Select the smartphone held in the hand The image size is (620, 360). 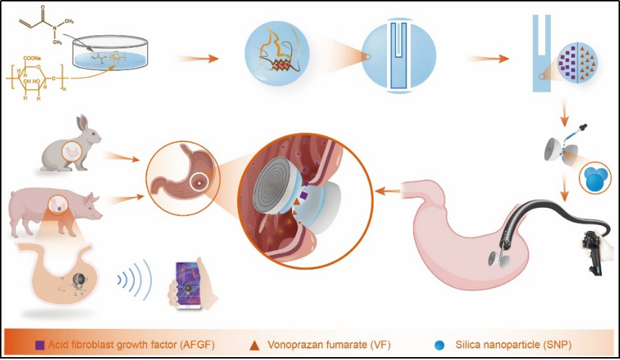click(189, 285)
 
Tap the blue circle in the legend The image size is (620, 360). click(440, 343)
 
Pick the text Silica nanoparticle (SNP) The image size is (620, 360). click(508, 343)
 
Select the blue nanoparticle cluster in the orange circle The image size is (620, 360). click(595, 177)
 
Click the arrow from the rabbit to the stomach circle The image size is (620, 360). click(120, 154)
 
